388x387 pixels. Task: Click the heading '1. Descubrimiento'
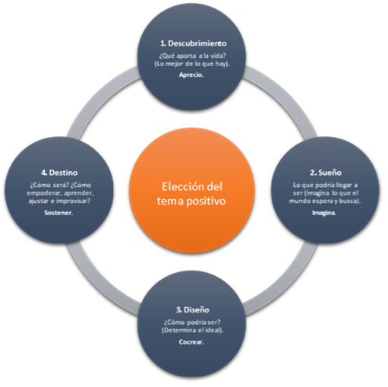click(x=194, y=43)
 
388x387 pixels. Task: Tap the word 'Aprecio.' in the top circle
click(x=191, y=75)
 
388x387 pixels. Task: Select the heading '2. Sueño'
click(x=326, y=173)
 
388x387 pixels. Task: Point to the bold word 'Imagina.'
click(x=324, y=213)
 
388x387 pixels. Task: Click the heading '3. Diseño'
click(x=193, y=309)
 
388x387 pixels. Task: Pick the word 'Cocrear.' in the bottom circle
click(x=191, y=342)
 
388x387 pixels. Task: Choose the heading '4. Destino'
click(x=59, y=173)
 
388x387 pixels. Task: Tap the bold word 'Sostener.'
click(x=58, y=213)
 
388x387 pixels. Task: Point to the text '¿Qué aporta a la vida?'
click(x=192, y=56)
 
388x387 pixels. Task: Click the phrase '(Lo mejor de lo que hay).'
click(x=192, y=64)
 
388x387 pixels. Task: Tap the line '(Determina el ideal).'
click(x=193, y=330)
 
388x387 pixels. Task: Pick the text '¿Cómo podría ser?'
click(x=192, y=322)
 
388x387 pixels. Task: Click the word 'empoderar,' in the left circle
click(x=44, y=193)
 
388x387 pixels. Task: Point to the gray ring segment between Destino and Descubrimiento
click(x=98, y=97)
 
